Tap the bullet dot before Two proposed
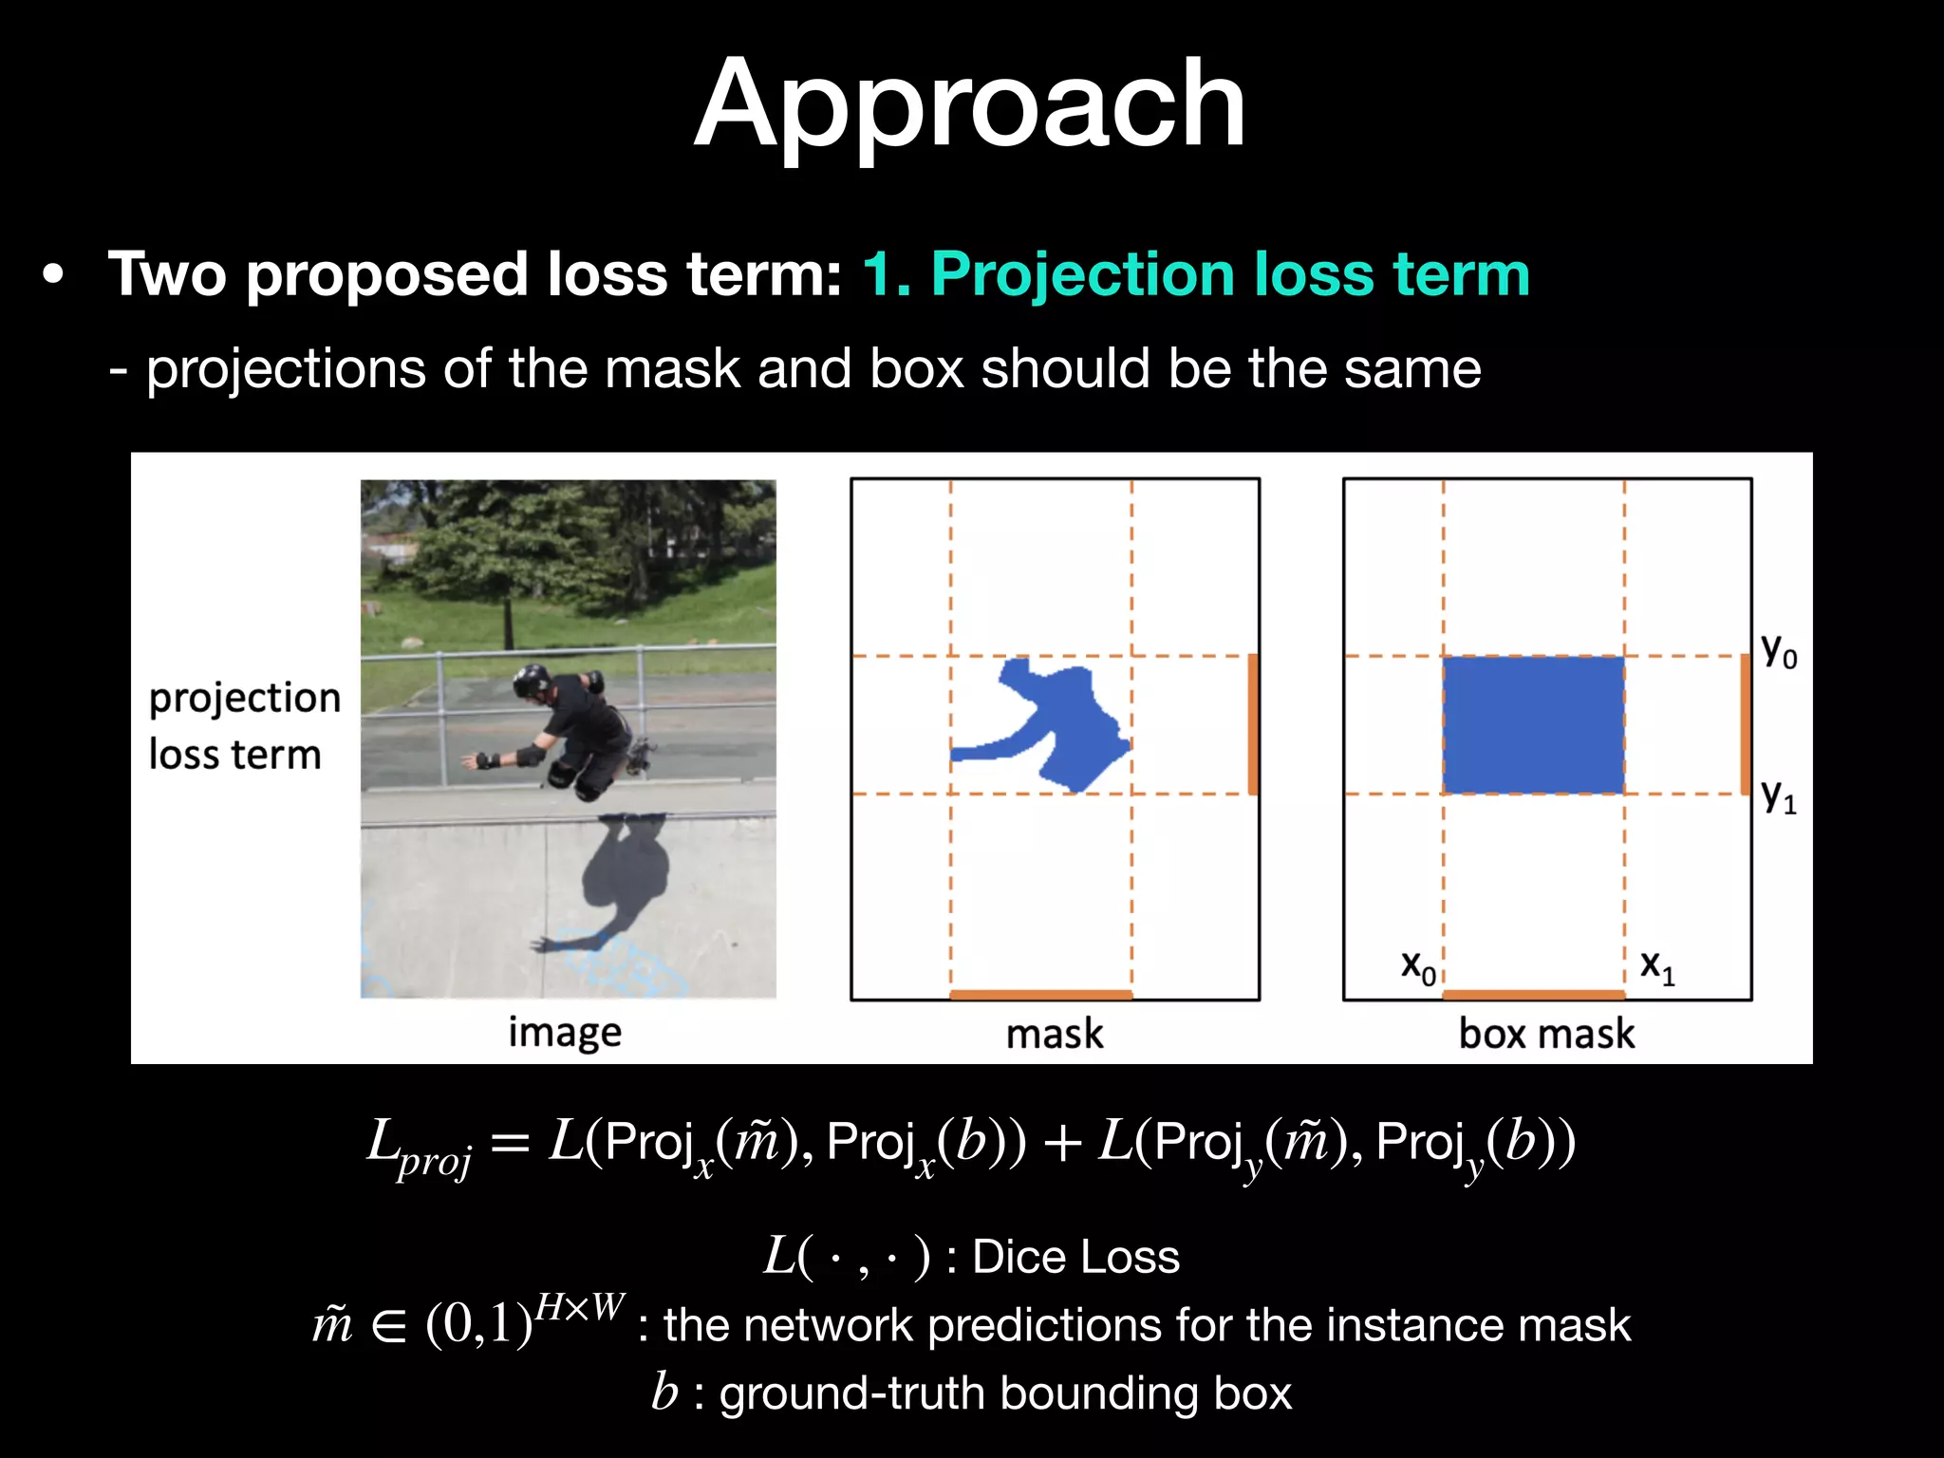[54, 275]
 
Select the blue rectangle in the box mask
[1533, 725]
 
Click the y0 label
[1778, 651]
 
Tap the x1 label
[1657, 966]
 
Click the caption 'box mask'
[1546, 1033]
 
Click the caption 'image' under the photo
[565, 1033]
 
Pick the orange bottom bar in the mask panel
[1040, 994]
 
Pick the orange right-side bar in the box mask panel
[1745, 725]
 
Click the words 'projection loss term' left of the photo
[244, 726]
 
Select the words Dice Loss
[1075, 1257]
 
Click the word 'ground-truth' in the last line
[851, 1393]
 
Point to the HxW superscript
[579, 1308]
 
